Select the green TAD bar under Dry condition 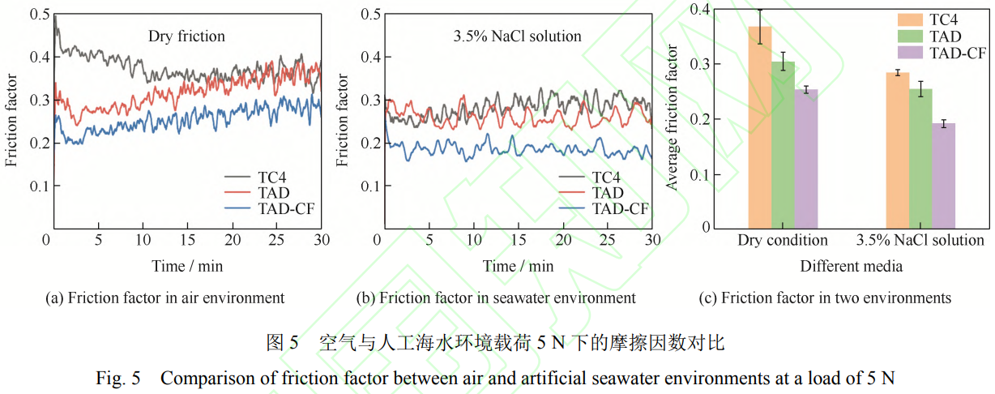click(x=783, y=145)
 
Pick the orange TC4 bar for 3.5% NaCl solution click(x=897, y=151)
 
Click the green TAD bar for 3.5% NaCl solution click(x=920, y=159)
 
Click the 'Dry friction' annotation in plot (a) click(x=186, y=36)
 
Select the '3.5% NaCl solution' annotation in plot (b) click(x=517, y=36)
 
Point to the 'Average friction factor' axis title click(x=672, y=118)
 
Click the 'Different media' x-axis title click(x=851, y=266)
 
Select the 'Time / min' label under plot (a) click(x=186, y=266)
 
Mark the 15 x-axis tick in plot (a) click(x=188, y=241)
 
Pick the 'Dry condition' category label click(x=783, y=241)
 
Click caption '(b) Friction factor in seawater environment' click(x=496, y=298)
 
